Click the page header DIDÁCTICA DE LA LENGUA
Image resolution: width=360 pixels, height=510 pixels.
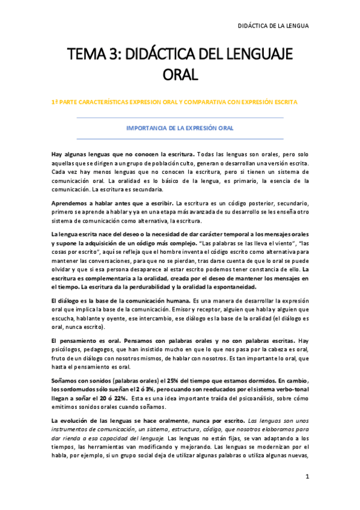click(x=273, y=25)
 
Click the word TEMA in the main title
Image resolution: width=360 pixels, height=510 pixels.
click(x=88, y=55)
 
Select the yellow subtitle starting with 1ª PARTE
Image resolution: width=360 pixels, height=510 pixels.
click(x=174, y=102)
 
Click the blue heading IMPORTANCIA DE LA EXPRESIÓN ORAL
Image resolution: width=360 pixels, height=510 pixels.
click(x=180, y=128)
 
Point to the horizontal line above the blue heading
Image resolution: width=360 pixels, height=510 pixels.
click(x=180, y=118)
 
